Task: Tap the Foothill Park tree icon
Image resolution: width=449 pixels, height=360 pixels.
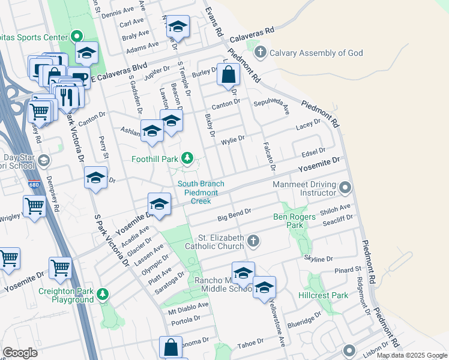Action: point(187,158)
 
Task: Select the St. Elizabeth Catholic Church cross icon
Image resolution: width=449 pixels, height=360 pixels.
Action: point(253,241)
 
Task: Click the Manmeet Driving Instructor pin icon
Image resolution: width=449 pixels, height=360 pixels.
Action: point(345,189)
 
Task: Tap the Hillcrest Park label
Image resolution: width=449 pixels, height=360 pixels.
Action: point(323,295)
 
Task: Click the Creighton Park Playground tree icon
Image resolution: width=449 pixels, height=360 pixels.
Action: point(103,293)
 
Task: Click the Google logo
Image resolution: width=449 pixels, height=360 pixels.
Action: point(20,353)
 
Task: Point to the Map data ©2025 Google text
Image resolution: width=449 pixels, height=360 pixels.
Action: point(411,355)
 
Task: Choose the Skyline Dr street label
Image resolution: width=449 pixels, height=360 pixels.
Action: point(319,258)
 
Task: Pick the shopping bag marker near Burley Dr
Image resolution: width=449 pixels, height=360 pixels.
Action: point(229,76)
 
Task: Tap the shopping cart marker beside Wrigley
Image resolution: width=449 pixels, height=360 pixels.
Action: point(35,206)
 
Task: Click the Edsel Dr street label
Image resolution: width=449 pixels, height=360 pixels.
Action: point(313,151)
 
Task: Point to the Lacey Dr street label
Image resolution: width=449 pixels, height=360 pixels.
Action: point(308,124)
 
